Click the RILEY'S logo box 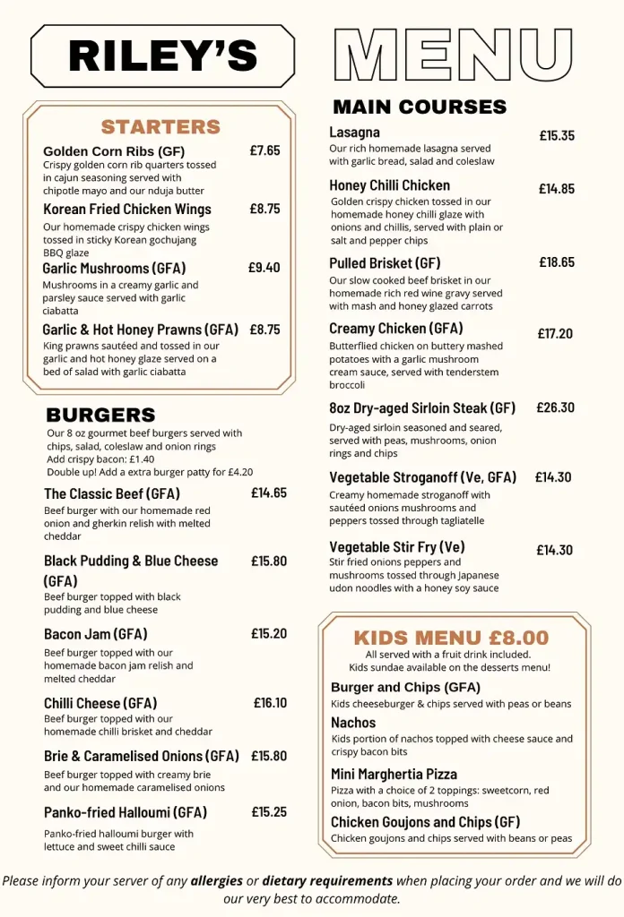pyautogui.click(x=162, y=56)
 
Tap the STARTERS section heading pyautogui.click(x=160, y=127)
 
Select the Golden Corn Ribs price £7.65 pyautogui.click(x=264, y=150)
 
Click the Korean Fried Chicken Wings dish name pyautogui.click(x=127, y=210)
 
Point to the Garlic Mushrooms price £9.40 pyautogui.click(x=264, y=267)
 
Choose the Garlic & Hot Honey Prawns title pyautogui.click(x=140, y=330)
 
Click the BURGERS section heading pyautogui.click(x=100, y=416)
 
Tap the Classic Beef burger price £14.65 pyautogui.click(x=269, y=493)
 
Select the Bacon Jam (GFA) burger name pyautogui.click(x=95, y=634)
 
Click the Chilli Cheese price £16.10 pyautogui.click(x=270, y=703)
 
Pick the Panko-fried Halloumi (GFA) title pyautogui.click(x=126, y=812)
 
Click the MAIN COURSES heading pyautogui.click(x=420, y=107)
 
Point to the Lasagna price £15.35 pyautogui.click(x=557, y=136)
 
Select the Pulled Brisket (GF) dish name pyautogui.click(x=385, y=263)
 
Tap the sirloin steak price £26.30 pyautogui.click(x=555, y=407)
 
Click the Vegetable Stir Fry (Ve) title pyautogui.click(x=396, y=546)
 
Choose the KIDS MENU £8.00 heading pyautogui.click(x=451, y=638)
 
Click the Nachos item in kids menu pyautogui.click(x=353, y=723)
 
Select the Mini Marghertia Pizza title pyautogui.click(x=394, y=774)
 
